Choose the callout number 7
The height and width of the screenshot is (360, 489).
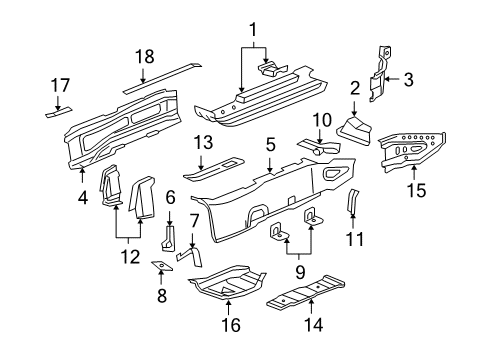(195, 246)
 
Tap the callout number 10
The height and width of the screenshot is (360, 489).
(319, 121)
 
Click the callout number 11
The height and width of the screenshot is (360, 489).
(351, 240)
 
